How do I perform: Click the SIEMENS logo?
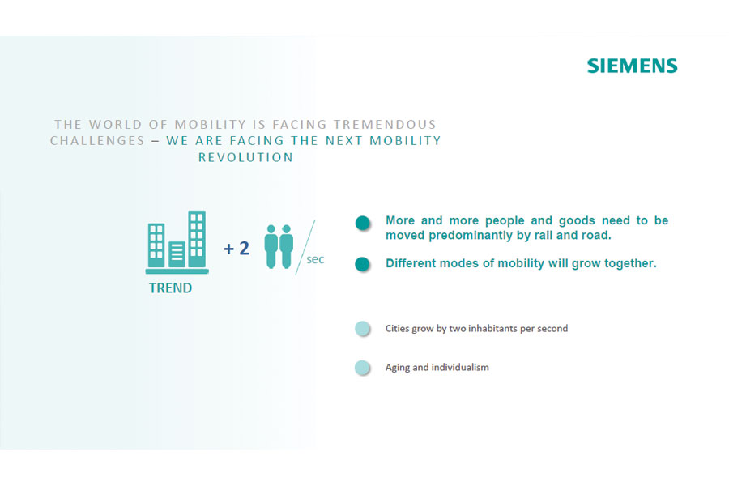pyautogui.click(x=633, y=66)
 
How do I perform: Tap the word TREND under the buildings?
pyautogui.click(x=170, y=288)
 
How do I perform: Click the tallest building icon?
pyautogui.click(x=197, y=239)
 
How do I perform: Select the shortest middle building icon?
pyautogui.click(x=177, y=254)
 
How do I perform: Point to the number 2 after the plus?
pyautogui.click(x=244, y=249)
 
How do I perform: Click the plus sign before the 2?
pyautogui.click(x=228, y=249)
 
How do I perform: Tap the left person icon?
pyautogui.click(x=271, y=246)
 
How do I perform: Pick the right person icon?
pyautogui.click(x=287, y=246)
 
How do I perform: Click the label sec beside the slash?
pyautogui.click(x=315, y=259)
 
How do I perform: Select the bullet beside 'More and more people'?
pyautogui.click(x=363, y=224)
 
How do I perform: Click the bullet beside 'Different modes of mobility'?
pyautogui.click(x=363, y=264)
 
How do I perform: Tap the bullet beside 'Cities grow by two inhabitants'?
pyautogui.click(x=363, y=329)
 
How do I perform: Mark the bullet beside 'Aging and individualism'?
pyautogui.click(x=363, y=368)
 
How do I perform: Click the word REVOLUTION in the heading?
pyautogui.click(x=246, y=158)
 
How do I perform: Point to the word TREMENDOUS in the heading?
pyautogui.click(x=385, y=125)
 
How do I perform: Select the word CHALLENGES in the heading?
pyautogui.click(x=98, y=141)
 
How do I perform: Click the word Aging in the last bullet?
pyautogui.click(x=398, y=368)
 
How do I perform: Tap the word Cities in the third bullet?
pyautogui.click(x=397, y=328)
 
